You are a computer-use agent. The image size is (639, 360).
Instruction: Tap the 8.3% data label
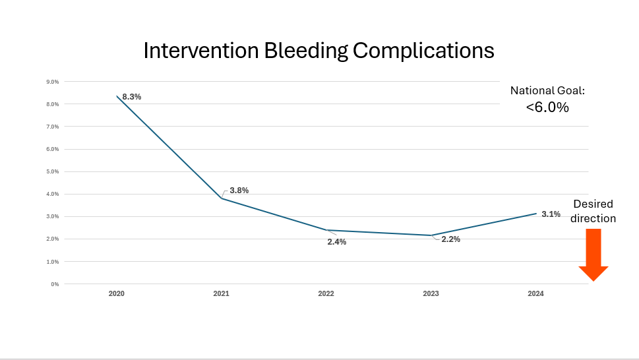pyautogui.click(x=132, y=97)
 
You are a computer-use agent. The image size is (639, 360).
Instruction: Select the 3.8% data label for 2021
pyautogui.click(x=239, y=191)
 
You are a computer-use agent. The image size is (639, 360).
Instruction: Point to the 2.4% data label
pyautogui.click(x=336, y=242)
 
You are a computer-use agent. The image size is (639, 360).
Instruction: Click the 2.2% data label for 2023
pyautogui.click(x=450, y=239)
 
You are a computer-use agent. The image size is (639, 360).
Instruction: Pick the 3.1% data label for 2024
pyautogui.click(x=551, y=214)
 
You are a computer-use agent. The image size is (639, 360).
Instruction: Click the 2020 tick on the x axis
pyautogui.click(x=116, y=293)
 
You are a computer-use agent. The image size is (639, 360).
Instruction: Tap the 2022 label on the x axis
pyautogui.click(x=326, y=293)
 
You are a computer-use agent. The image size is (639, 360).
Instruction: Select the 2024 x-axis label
pyautogui.click(x=535, y=293)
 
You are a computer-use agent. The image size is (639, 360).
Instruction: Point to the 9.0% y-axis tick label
pyautogui.click(x=52, y=82)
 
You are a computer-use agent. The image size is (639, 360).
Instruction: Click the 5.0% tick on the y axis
pyautogui.click(x=52, y=171)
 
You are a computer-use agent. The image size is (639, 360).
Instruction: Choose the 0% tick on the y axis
pyautogui.click(x=55, y=284)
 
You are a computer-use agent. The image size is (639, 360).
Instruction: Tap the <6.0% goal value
pyautogui.click(x=547, y=107)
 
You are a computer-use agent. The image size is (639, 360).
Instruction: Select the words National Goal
pyautogui.click(x=547, y=91)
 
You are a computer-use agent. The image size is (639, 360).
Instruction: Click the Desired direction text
pyautogui.click(x=593, y=211)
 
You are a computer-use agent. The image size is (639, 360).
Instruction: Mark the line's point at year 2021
pyautogui.click(x=222, y=198)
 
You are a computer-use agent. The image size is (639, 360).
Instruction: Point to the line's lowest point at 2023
pyautogui.click(x=431, y=235)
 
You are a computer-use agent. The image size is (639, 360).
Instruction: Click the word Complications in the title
pyautogui.click(x=423, y=51)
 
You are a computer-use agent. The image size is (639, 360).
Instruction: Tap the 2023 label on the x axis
pyautogui.click(x=431, y=293)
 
